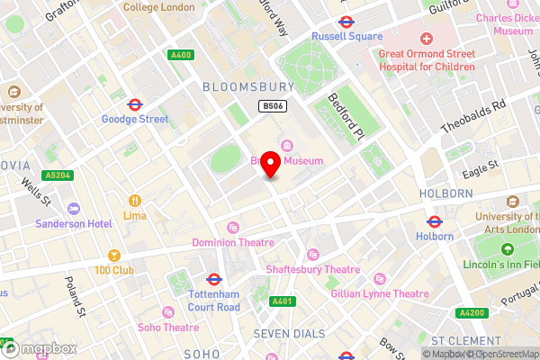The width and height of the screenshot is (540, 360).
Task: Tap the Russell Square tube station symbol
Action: pos(345,22)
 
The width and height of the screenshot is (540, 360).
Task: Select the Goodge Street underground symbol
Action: pos(135,103)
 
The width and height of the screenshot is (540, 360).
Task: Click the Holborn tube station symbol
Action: pos(434,220)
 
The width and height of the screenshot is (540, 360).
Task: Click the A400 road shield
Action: pos(181,55)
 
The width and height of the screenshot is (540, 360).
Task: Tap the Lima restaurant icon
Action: pos(135,201)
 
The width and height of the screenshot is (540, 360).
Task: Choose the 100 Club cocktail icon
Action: pos(113,256)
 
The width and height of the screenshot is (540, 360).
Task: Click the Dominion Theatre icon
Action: pos(233,228)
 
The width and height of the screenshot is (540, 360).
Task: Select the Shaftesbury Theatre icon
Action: pos(313,254)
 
